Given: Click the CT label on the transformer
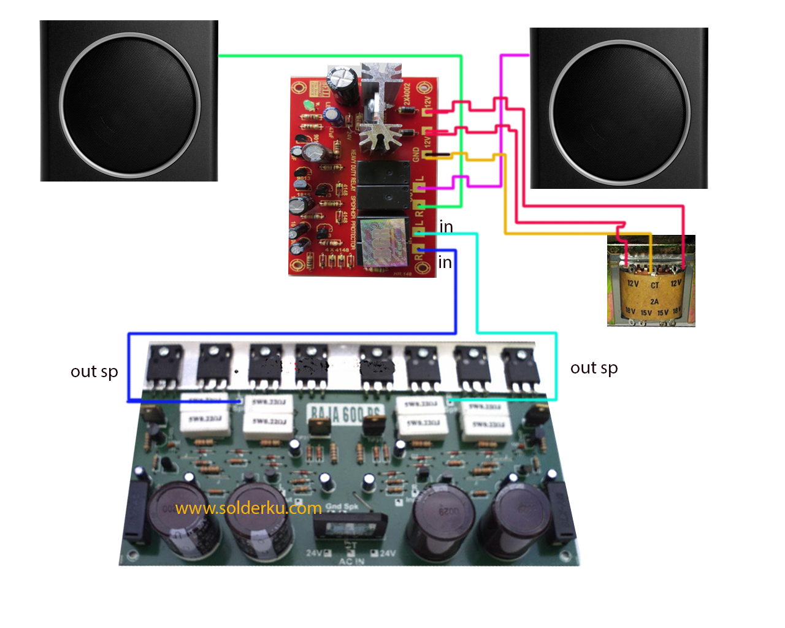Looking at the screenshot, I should [x=655, y=285].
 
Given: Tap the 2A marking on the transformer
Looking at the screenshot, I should [x=654, y=301].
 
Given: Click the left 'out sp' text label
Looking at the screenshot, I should [x=94, y=372].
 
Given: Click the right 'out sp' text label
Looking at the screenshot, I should [x=594, y=368].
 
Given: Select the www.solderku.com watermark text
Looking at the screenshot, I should [x=248, y=508].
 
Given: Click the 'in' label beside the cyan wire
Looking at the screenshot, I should [x=446, y=227].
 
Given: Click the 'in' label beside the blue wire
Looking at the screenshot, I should [x=445, y=262].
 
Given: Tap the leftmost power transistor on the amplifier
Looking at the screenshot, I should [x=164, y=365].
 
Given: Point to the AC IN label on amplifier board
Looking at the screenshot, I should [x=351, y=561].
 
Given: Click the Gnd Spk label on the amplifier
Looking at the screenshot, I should [x=342, y=507].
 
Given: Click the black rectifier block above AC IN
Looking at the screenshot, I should [x=349, y=527].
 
